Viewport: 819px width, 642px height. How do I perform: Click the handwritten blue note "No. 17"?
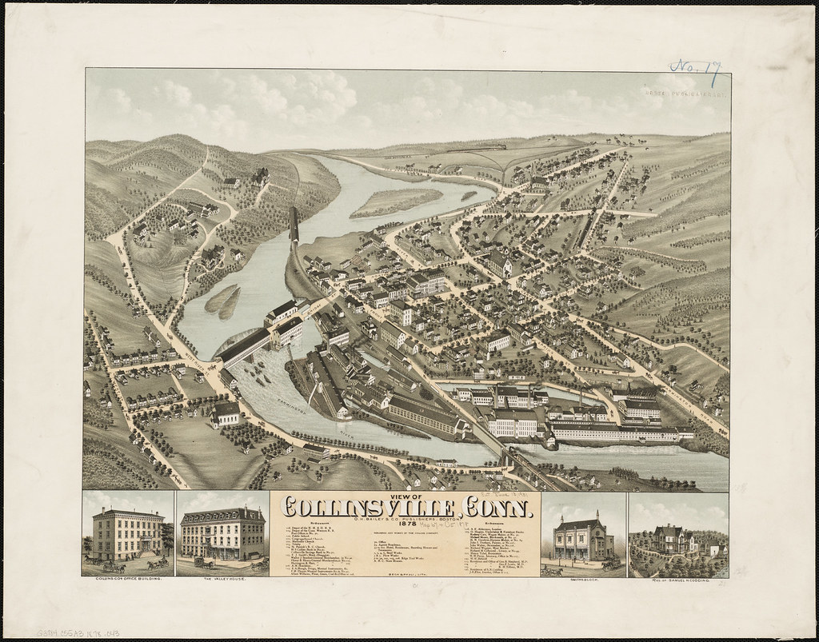(693, 70)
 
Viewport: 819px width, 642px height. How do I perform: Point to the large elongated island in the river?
(395, 202)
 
